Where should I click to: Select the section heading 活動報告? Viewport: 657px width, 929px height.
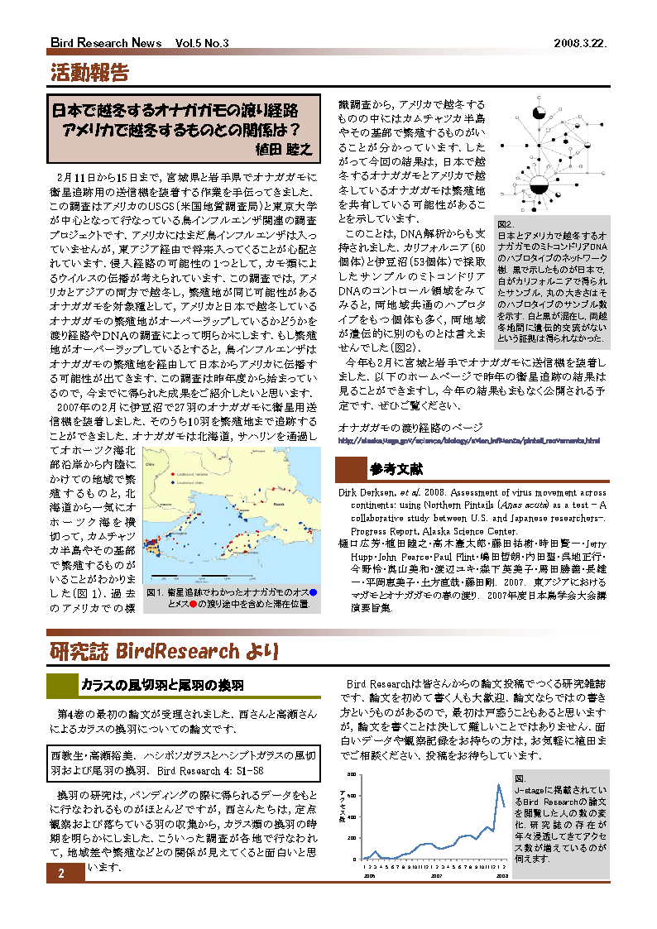pos(89,73)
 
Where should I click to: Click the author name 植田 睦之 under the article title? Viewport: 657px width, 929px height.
pos(283,149)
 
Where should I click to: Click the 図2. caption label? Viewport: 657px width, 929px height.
pos(506,224)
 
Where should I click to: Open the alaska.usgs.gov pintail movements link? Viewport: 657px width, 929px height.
pos(468,441)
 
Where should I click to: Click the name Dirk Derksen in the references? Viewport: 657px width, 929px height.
pos(370,492)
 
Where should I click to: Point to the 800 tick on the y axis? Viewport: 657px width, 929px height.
pos(352,774)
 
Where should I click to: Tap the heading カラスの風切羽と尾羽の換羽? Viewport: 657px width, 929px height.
pos(161,686)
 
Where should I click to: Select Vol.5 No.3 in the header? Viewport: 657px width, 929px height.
pos(202,43)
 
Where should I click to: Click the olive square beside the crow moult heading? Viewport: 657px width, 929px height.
pos(60,686)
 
